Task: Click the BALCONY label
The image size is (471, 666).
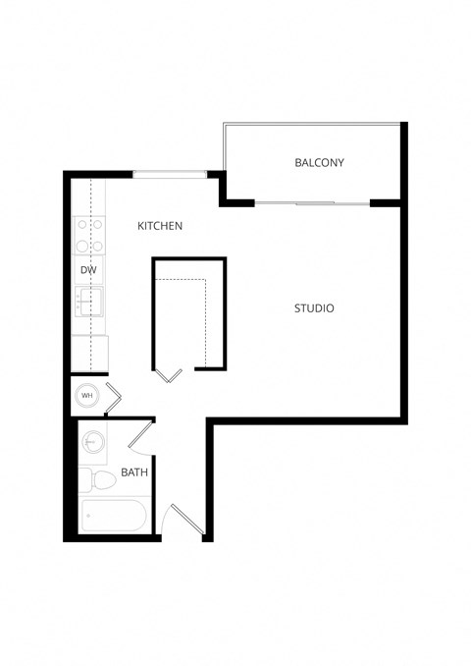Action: click(x=319, y=162)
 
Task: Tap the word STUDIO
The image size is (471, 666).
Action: click(x=314, y=308)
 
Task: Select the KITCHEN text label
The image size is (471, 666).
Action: click(x=160, y=226)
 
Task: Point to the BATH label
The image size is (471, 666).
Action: click(x=134, y=472)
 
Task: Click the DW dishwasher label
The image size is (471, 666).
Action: click(x=87, y=268)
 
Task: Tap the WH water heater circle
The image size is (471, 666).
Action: click(x=87, y=396)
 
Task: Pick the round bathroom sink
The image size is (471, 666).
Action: click(x=93, y=441)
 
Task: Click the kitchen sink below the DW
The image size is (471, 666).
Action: click(x=89, y=301)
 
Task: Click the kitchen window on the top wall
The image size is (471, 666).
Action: click(x=170, y=175)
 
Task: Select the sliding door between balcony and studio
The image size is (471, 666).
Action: click(x=312, y=203)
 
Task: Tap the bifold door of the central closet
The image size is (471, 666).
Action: click(x=169, y=374)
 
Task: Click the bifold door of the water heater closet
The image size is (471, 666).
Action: click(x=113, y=395)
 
